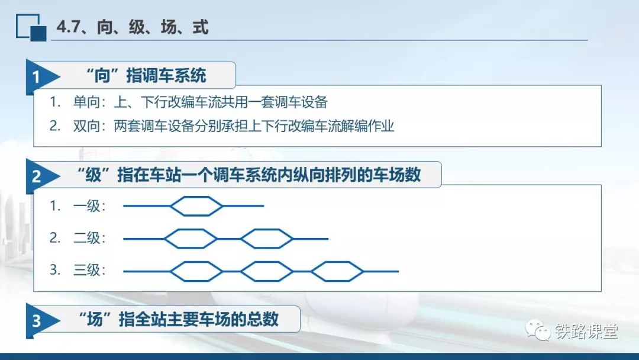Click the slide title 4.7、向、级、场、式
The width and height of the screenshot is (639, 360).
(x=133, y=27)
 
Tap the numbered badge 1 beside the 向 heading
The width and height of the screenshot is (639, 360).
(x=36, y=76)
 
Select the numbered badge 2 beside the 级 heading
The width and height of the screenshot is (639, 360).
(x=36, y=176)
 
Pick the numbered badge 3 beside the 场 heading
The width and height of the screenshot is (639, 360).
(x=36, y=321)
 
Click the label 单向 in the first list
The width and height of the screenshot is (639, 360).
(x=86, y=102)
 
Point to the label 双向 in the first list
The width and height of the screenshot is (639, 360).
(x=86, y=126)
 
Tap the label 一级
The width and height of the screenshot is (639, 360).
(x=86, y=206)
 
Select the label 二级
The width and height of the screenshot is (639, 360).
(x=86, y=237)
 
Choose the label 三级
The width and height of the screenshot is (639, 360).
(x=86, y=270)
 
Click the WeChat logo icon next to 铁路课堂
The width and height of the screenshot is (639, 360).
(x=537, y=330)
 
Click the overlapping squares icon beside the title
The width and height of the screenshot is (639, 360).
(x=31, y=28)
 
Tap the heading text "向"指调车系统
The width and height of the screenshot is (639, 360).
(x=146, y=76)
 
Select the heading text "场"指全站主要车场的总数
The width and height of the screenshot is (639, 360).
(x=179, y=319)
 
